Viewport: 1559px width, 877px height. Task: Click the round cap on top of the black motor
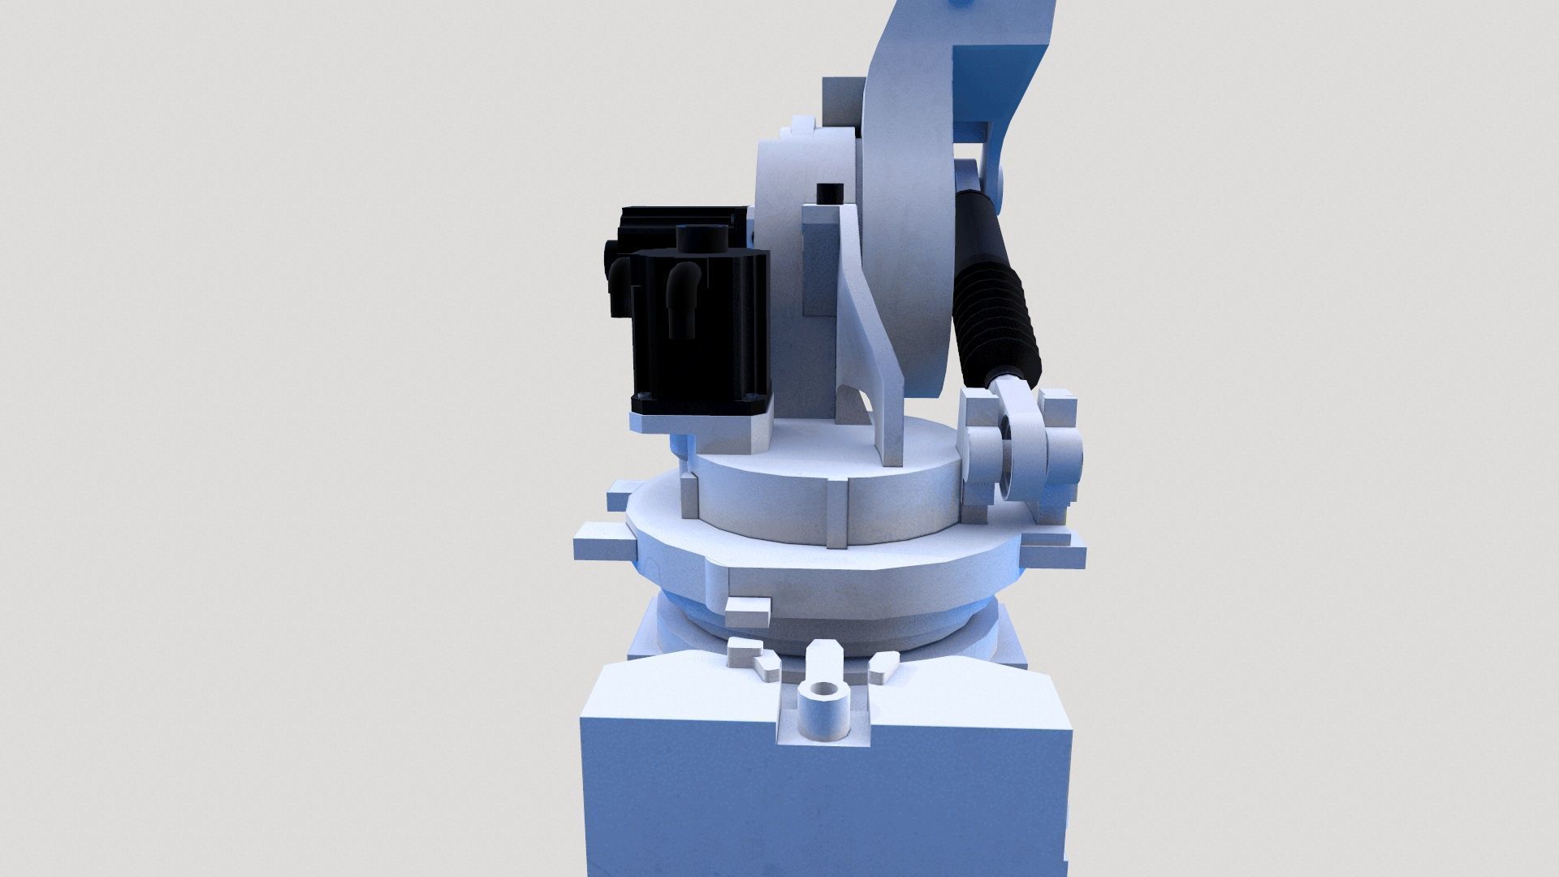(700, 238)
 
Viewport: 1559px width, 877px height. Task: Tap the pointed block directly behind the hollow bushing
(824, 658)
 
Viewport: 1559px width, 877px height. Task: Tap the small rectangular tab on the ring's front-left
(747, 613)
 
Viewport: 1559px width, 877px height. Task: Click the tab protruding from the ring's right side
(1056, 552)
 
